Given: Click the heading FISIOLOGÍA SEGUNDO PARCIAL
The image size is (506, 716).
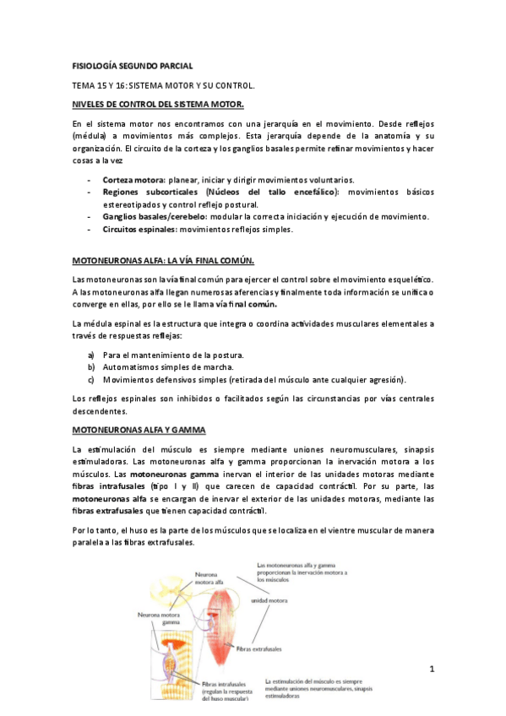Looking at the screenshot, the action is point(133,66).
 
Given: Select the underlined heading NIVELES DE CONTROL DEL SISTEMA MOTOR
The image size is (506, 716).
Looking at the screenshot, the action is point(158,104).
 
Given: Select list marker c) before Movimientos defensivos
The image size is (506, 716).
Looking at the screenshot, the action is point(91,379).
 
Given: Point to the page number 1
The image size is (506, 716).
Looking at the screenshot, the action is point(431,670).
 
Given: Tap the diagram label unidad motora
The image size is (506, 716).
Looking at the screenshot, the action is point(269,601).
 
